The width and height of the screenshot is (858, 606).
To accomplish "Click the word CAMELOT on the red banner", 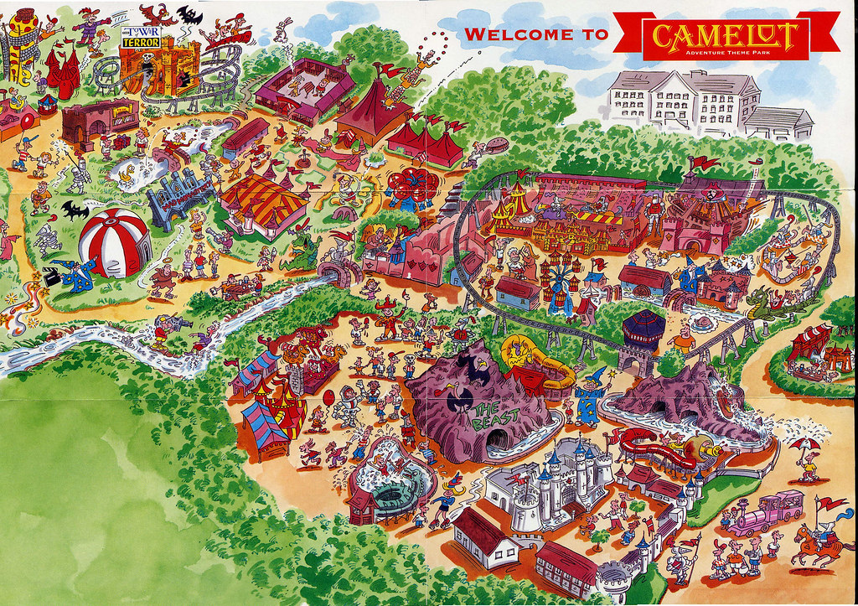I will [x=726, y=35].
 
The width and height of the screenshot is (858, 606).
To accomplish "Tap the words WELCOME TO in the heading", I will [x=536, y=34].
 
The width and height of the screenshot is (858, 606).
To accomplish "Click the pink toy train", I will [x=767, y=511].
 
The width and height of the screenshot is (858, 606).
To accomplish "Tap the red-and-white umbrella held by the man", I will [x=806, y=443].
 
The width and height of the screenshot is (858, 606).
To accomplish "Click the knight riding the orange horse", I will [x=817, y=536].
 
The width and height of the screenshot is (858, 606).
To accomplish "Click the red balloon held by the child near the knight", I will [x=328, y=394].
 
